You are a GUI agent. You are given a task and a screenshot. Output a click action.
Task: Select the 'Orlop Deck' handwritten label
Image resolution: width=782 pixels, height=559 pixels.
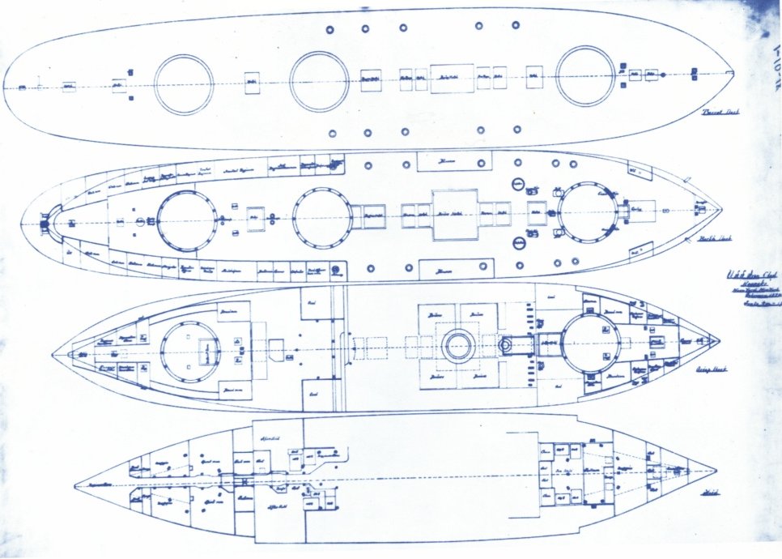[x=710, y=369]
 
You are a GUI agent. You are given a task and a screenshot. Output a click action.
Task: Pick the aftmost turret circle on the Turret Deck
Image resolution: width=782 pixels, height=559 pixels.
[x=184, y=84]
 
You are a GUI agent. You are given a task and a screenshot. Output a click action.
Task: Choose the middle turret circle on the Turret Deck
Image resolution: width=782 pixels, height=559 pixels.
[x=319, y=81]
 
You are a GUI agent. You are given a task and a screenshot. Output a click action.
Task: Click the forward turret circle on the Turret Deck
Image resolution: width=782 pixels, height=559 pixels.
[x=585, y=76]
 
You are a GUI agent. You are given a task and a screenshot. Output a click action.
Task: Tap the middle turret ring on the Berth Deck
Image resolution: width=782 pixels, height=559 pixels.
[x=322, y=217]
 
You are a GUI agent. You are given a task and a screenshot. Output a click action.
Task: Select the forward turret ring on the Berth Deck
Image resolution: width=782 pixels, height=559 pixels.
[x=589, y=212]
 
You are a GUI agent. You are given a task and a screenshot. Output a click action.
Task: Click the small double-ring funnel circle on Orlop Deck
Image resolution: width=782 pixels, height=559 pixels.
[x=456, y=346]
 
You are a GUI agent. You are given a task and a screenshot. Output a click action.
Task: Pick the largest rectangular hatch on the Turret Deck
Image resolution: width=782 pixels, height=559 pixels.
[x=451, y=78]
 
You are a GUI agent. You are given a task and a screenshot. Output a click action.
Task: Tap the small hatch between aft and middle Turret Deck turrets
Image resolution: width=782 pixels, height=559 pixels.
[x=252, y=83]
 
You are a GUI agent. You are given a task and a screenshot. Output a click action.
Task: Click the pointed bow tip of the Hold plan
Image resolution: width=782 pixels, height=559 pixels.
[x=716, y=471]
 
